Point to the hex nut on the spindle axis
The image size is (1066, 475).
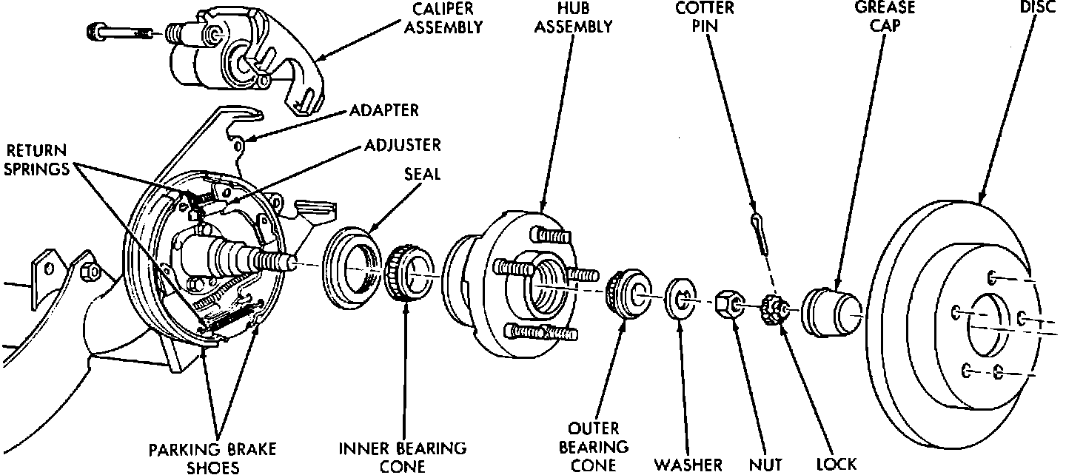(x=728, y=304)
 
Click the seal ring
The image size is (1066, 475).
(x=349, y=263)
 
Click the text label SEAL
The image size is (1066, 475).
(x=423, y=175)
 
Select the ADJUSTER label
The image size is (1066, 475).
(x=403, y=144)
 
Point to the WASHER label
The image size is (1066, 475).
(x=688, y=465)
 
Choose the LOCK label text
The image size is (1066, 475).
(x=836, y=465)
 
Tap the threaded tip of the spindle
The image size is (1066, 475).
(x=282, y=260)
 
